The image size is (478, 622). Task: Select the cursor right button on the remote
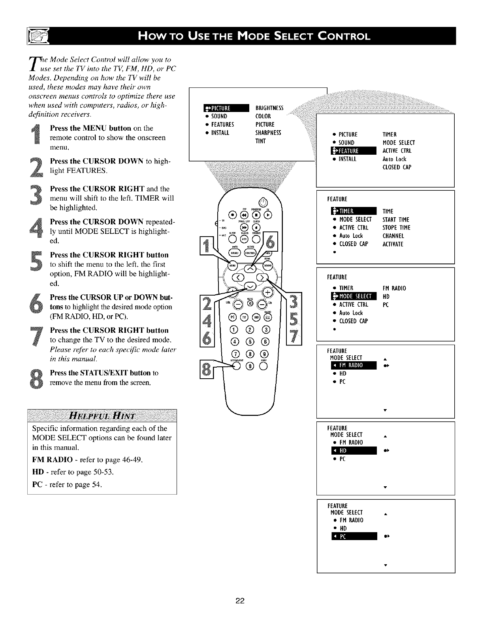[262, 277]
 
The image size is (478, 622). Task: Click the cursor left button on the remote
[239, 277]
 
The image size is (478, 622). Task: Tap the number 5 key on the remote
[250, 341]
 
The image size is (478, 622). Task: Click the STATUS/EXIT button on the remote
[236, 366]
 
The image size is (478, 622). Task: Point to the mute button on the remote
[250, 304]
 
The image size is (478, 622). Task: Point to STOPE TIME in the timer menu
[396, 228]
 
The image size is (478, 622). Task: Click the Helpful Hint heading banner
[102, 416]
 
